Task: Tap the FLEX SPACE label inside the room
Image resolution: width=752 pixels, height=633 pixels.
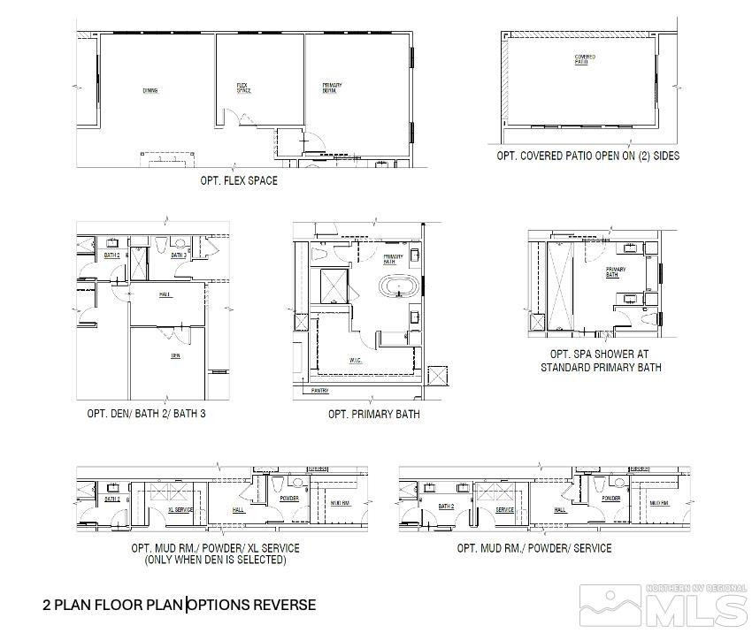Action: click(243, 88)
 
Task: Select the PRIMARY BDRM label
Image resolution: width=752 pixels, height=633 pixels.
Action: click(333, 88)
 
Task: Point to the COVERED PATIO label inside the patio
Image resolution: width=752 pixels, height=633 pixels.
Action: click(584, 59)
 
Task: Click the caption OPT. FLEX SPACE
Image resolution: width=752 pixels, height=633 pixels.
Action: click(239, 181)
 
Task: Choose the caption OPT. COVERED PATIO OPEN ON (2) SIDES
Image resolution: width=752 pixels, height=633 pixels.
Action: click(587, 156)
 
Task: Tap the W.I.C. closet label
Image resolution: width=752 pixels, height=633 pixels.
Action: click(354, 359)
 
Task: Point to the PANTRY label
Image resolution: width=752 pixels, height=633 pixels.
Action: click(320, 390)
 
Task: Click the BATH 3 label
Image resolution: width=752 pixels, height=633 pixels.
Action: click(178, 255)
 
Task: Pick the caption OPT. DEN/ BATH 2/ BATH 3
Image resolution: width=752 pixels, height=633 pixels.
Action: click(147, 414)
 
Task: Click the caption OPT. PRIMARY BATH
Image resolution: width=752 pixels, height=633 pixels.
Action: click(373, 414)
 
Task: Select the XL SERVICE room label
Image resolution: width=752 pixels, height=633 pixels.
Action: click(180, 510)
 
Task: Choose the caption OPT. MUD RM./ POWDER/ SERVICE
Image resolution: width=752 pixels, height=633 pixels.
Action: click(533, 548)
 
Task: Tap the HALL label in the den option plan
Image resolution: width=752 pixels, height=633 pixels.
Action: click(164, 294)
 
